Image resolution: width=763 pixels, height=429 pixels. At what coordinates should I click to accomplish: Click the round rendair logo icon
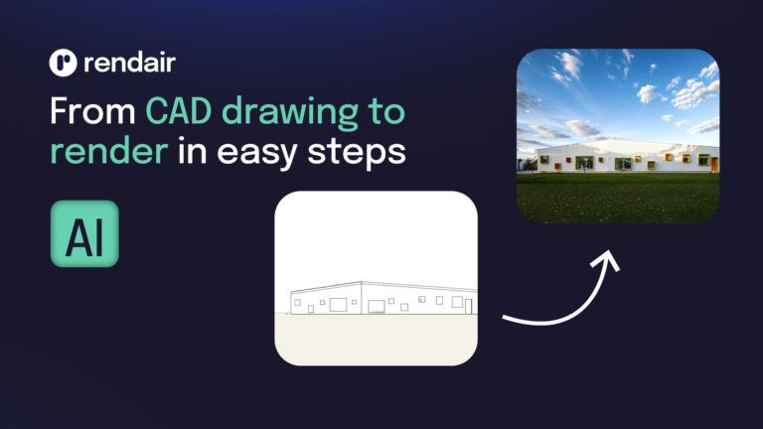tap(62, 63)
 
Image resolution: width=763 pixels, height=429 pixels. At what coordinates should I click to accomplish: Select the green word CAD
tap(179, 111)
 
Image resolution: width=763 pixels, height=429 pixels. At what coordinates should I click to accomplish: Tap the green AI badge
tap(84, 233)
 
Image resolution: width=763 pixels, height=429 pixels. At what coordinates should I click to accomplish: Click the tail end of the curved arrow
tap(507, 320)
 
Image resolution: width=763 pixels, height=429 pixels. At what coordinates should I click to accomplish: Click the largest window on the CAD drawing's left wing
tap(339, 304)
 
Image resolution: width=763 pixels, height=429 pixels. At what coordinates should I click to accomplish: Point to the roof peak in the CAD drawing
tap(362, 282)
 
